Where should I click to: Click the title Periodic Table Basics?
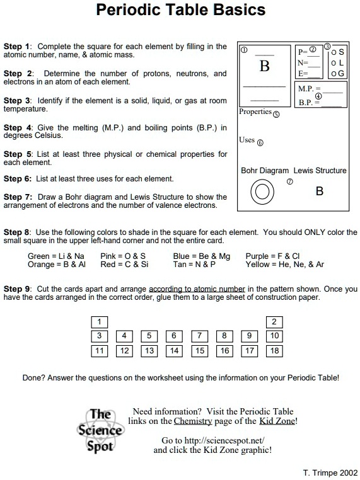180,11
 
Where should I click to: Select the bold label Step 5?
17,154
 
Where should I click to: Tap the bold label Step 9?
17,289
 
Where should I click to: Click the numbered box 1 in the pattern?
99,323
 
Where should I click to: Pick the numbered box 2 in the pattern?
274,323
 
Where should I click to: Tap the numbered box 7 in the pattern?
199,336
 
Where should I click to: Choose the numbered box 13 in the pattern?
149,351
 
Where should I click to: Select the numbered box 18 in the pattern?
274,351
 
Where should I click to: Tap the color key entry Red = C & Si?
124,265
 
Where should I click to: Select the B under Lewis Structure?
320,191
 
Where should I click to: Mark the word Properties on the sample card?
255,112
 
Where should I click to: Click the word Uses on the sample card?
247,140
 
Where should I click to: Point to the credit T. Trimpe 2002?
330,472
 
